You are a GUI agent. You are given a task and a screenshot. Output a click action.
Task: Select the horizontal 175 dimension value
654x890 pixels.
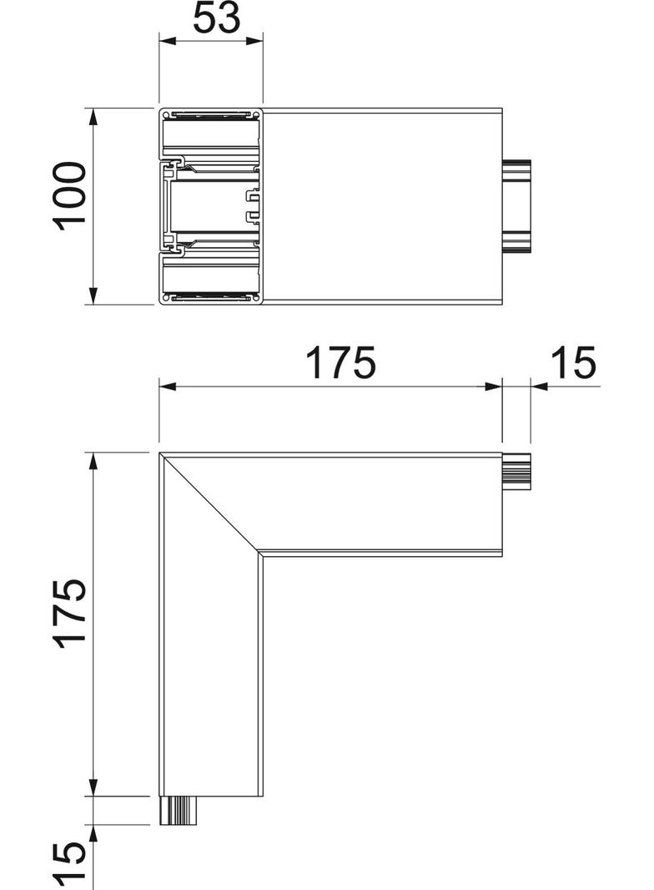point(340,363)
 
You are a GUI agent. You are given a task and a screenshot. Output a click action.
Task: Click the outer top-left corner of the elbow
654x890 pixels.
point(159,453)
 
